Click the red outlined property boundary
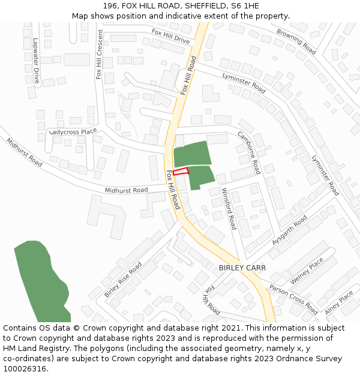[x=181, y=172]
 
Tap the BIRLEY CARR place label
[x=242, y=267]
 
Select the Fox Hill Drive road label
[x=170, y=36]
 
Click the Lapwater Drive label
[x=36, y=61]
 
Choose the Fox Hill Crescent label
[x=99, y=55]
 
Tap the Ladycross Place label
[x=73, y=131]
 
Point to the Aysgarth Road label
[x=289, y=229]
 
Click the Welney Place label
[x=307, y=271]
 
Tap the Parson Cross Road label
[x=293, y=299]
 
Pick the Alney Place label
[x=339, y=304]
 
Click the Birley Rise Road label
[x=123, y=279]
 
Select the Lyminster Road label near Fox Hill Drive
[x=244, y=82]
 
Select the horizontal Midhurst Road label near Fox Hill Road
[x=126, y=190]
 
